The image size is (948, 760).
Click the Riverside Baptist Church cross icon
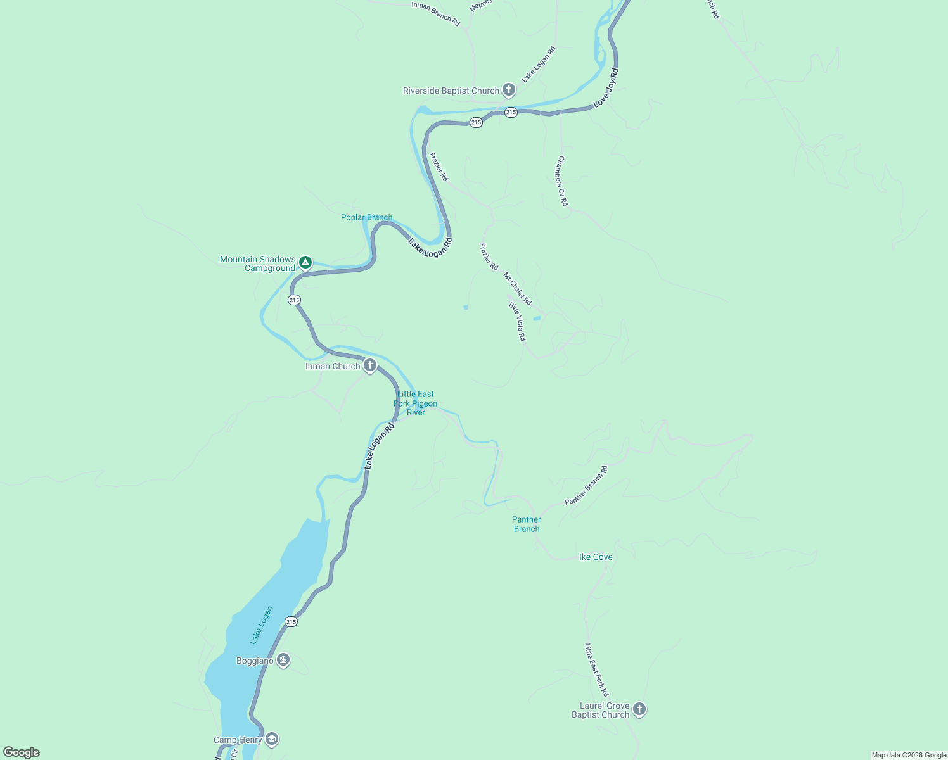tap(508, 90)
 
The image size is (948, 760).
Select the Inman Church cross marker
tap(370, 365)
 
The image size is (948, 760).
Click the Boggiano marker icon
tap(283, 661)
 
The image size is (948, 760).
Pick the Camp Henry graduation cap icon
tap(272, 739)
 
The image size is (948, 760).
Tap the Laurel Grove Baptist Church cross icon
tap(639, 709)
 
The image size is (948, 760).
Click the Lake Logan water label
tap(261, 625)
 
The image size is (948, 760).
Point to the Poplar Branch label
tap(366, 217)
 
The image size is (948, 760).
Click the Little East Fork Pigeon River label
tap(416, 403)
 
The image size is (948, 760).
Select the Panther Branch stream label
tap(527, 524)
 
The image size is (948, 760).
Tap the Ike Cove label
tap(596, 557)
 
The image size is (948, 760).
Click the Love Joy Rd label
tap(606, 87)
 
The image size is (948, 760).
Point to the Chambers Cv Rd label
tap(562, 181)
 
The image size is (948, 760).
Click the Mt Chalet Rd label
tap(518, 289)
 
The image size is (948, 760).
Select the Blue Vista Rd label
tap(517, 322)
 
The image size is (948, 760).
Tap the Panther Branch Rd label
tap(586, 485)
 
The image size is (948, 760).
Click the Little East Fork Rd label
tap(596, 669)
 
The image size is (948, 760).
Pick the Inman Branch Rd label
tap(435, 13)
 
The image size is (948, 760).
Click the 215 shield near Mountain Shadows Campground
tap(294, 300)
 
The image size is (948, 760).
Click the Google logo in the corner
tap(22, 752)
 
